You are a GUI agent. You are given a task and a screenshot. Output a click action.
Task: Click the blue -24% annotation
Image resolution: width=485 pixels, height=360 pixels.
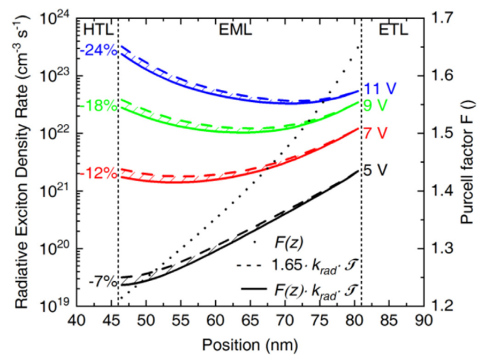(98, 51)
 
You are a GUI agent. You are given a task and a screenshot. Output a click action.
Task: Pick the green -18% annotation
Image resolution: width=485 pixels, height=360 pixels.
(98, 106)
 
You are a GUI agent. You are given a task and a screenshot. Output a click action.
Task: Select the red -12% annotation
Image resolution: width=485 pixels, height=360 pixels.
(98, 175)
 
